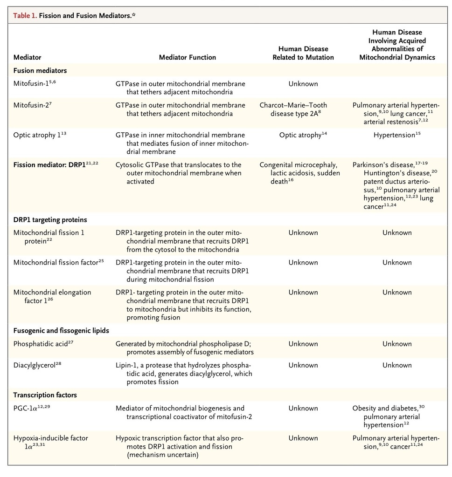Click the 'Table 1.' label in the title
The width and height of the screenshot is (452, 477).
(x=25, y=16)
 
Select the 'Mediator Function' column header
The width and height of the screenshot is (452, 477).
(x=187, y=57)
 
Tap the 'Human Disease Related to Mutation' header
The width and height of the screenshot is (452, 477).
(x=303, y=53)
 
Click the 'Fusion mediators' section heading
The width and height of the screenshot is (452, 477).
(x=40, y=71)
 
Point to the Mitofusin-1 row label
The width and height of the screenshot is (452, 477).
(x=35, y=84)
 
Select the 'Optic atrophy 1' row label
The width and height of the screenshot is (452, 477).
(x=39, y=135)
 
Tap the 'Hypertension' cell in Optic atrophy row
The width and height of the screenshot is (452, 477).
(x=394, y=135)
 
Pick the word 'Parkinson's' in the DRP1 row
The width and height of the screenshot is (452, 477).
(x=372, y=165)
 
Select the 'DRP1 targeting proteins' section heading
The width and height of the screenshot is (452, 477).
(x=50, y=219)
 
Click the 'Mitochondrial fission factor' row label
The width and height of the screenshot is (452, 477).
(x=56, y=262)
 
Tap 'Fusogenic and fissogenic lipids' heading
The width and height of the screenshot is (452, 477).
(x=61, y=331)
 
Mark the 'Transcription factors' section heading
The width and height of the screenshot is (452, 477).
(x=45, y=395)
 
